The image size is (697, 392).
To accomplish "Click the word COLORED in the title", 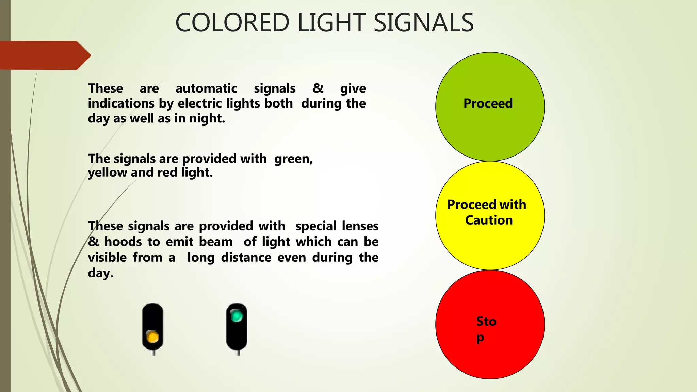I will (x=232, y=23).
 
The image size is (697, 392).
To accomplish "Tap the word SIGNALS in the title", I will (x=423, y=23).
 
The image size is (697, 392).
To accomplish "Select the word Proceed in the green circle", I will (x=488, y=103).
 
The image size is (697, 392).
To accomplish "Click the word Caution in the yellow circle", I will (x=489, y=220).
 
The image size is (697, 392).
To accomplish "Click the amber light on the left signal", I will (x=152, y=337).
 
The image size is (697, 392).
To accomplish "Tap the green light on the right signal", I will (x=237, y=316).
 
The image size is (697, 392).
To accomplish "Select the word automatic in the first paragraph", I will (x=206, y=88).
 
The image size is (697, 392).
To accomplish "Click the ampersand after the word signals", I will (x=318, y=88).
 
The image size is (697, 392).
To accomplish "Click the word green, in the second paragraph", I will (x=293, y=159).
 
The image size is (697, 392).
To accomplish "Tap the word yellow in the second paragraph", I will (x=108, y=173).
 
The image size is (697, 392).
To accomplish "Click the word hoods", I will (x=123, y=242).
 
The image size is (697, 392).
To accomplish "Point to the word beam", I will (x=216, y=242).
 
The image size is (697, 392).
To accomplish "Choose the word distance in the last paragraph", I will (x=246, y=257).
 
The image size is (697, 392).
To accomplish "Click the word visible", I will (x=107, y=257).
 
